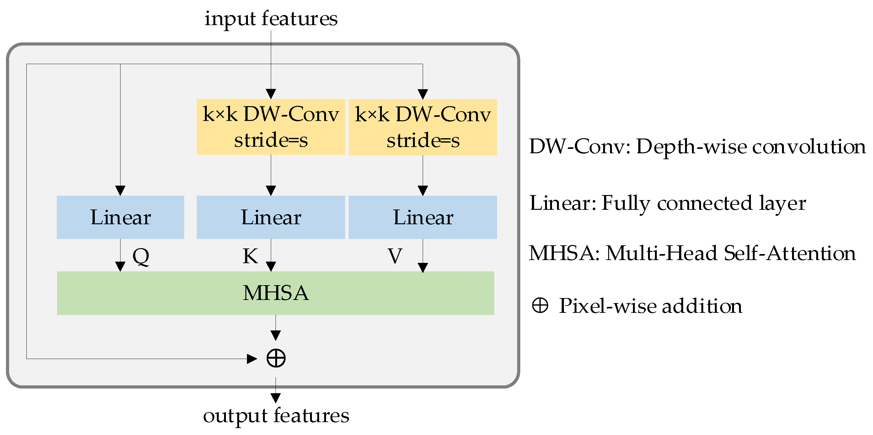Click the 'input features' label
270,19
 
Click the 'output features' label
276,415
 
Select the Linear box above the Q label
120,217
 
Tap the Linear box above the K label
270,217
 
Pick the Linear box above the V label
423,217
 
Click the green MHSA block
275,293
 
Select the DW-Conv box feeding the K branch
270,127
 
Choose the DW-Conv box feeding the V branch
423,127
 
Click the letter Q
141,256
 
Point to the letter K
250,256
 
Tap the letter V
395,256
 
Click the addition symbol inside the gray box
276,358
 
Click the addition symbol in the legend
540,305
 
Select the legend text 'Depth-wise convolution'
751,147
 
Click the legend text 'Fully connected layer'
704,204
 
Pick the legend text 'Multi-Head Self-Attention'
731,253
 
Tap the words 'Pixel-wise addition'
650,306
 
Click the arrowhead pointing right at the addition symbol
252,359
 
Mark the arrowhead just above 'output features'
276,398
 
